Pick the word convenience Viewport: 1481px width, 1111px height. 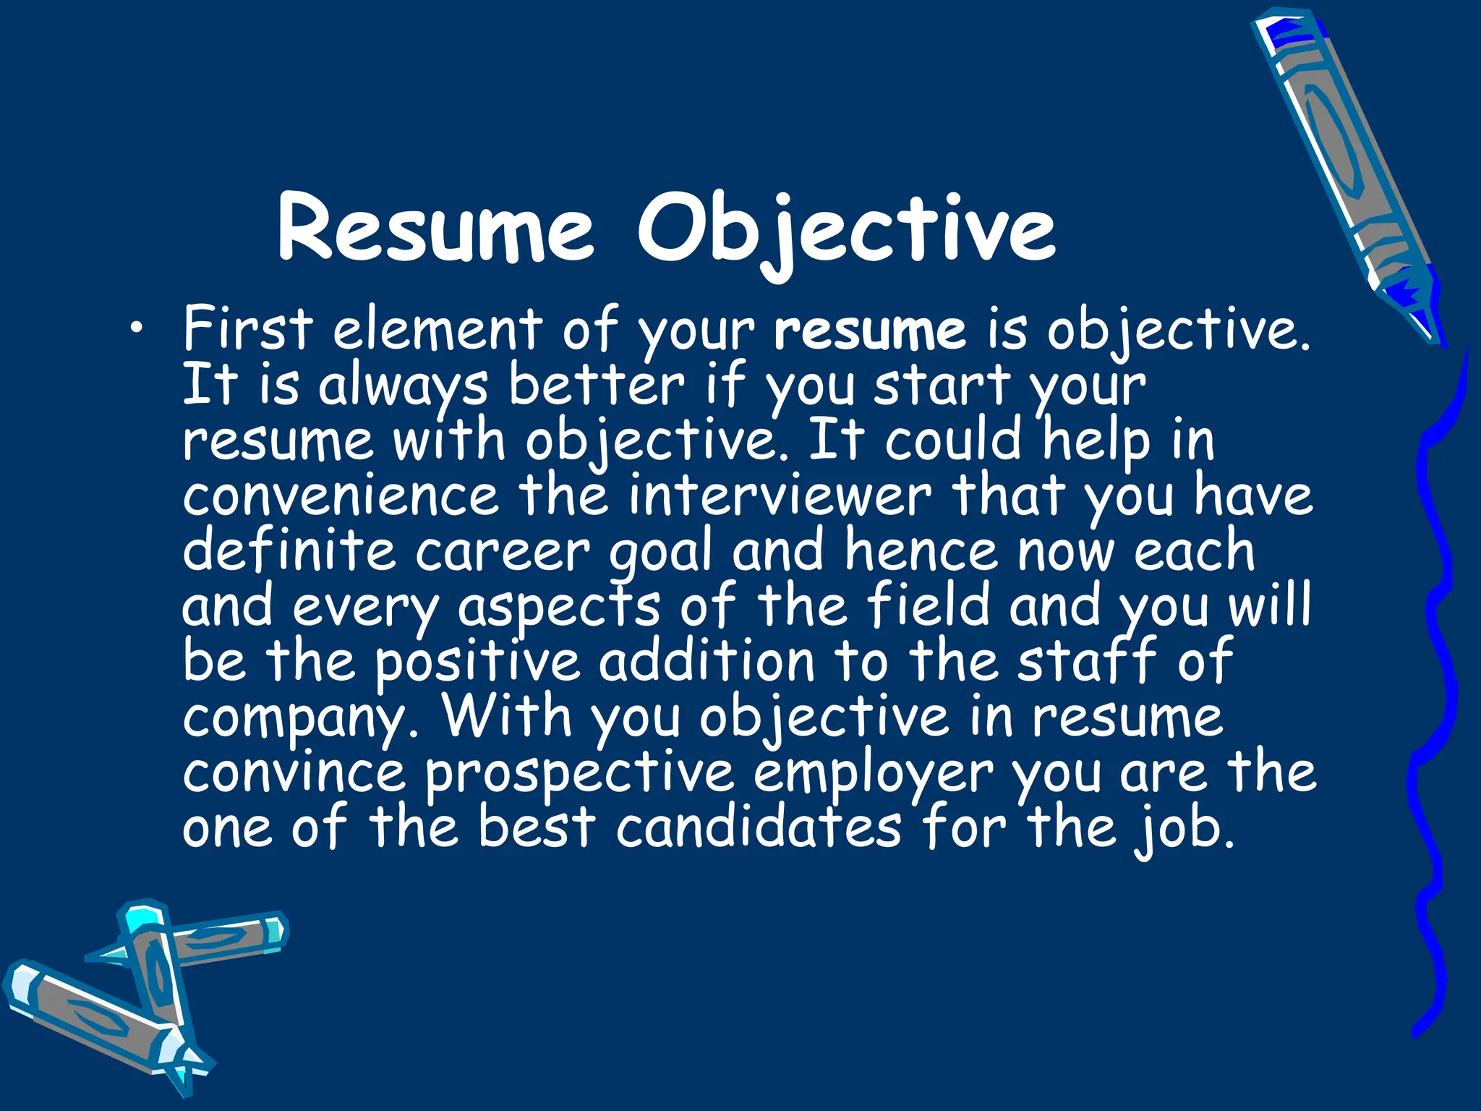(x=341, y=495)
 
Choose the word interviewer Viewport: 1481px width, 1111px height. (x=780, y=495)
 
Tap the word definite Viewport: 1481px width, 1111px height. (x=289, y=550)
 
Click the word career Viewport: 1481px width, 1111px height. (x=503, y=552)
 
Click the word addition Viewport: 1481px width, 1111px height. (x=707, y=661)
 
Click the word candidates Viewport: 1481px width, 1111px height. (x=759, y=827)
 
